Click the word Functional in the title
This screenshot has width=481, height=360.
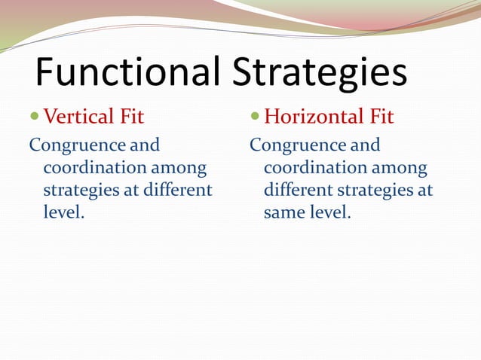click(x=127, y=73)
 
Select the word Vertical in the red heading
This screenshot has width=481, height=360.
click(x=78, y=117)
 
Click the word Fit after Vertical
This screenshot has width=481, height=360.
click(x=130, y=117)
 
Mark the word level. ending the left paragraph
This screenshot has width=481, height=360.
click(x=64, y=212)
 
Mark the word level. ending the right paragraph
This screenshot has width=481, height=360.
click(x=327, y=212)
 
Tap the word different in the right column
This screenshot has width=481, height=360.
click(x=296, y=190)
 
